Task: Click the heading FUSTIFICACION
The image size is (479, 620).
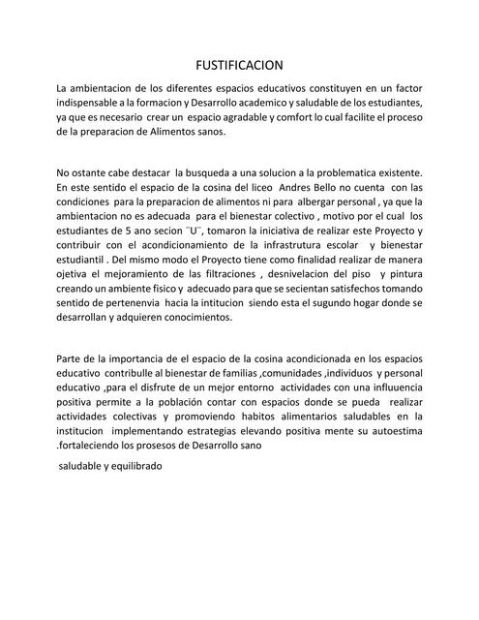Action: pos(239,65)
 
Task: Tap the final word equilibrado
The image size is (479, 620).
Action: pos(135,466)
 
